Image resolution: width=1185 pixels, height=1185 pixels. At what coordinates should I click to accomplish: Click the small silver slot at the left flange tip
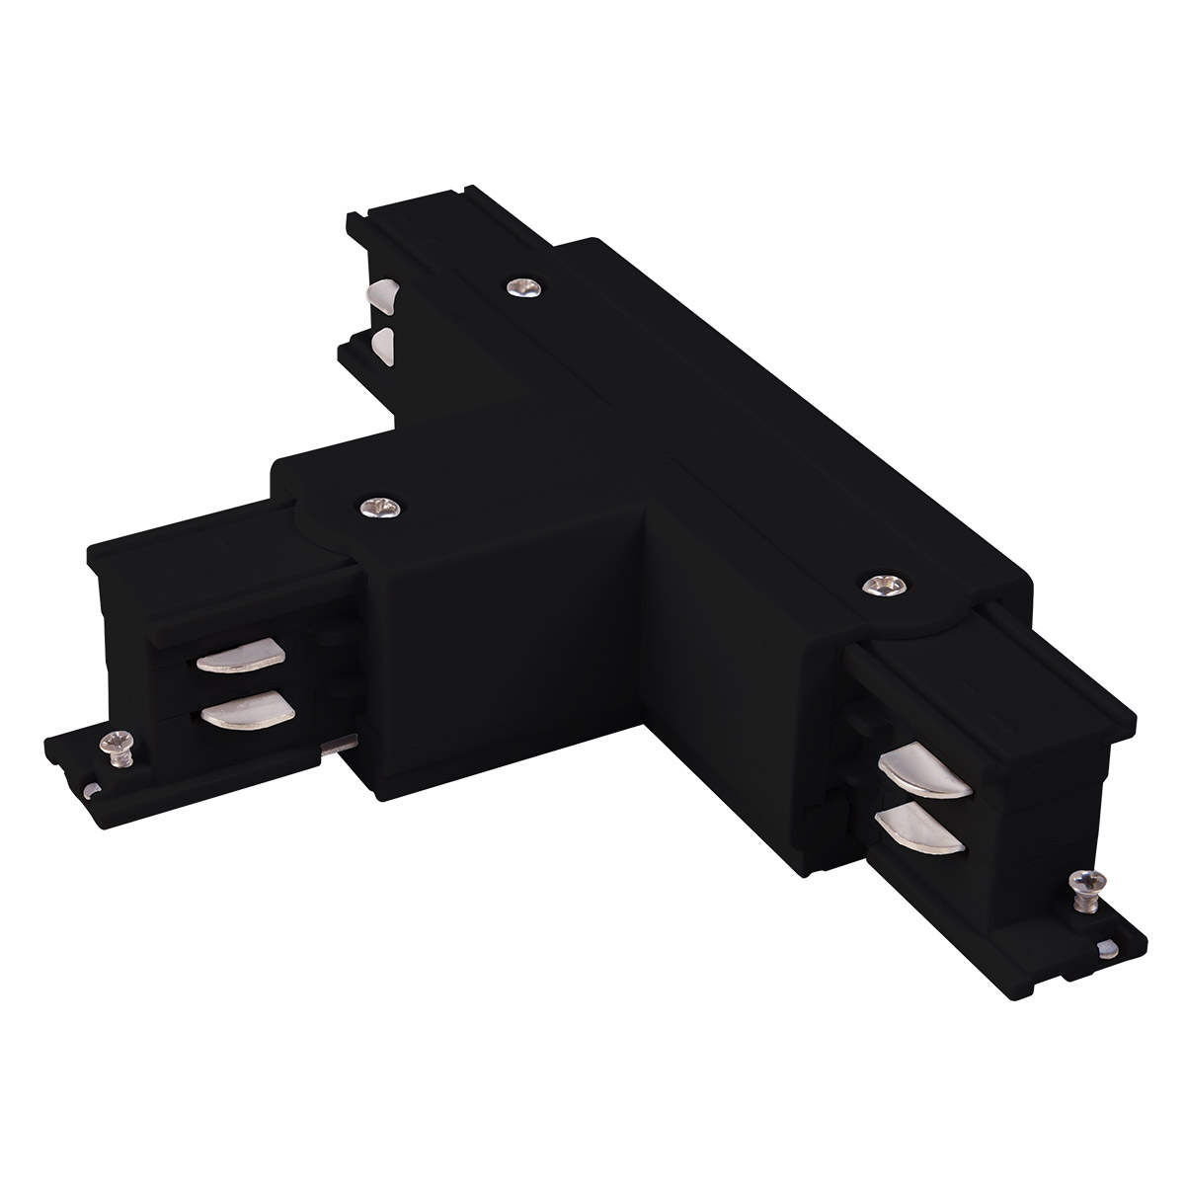click(90, 788)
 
